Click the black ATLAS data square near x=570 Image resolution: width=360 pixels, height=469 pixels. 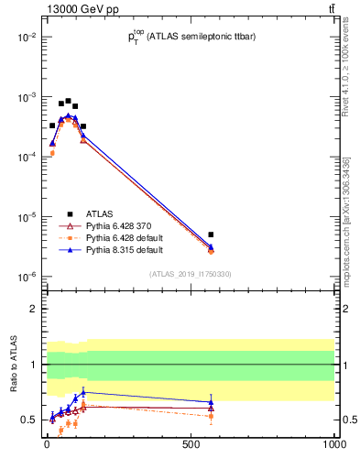click(211, 235)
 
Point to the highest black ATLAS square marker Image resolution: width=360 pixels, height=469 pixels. click(68, 101)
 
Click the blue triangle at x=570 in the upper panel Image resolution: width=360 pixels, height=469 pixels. click(211, 246)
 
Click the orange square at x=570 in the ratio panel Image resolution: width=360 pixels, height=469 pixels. click(211, 416)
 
